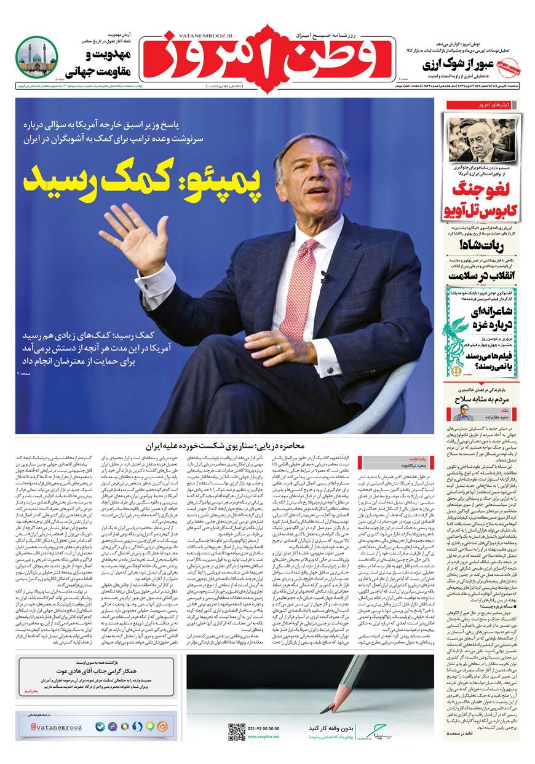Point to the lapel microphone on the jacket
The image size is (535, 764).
[x=325, y=277]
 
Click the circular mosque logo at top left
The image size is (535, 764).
[x=36, y=57]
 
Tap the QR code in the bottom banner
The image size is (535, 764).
[x=237, y=731]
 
